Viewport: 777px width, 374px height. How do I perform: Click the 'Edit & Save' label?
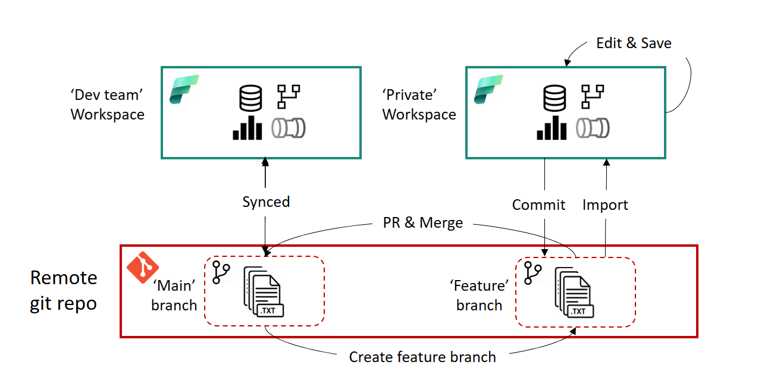[634, 43]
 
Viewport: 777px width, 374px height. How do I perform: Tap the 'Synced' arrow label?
[266, 202]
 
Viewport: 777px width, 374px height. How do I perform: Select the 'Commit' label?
[538, 205]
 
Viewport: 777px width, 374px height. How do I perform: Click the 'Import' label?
[605, 205]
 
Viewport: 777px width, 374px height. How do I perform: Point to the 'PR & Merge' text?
[422, 223]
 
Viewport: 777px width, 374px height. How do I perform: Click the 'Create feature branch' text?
[422, 357]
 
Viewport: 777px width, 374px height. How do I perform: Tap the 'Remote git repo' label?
[64, 291]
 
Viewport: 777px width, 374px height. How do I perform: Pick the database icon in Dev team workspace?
[250, 98]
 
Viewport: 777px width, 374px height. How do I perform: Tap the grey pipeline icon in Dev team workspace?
[289, 127]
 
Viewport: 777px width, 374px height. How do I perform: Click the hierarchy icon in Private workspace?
[593, 96]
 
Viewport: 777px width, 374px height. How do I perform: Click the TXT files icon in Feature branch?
[574, 292]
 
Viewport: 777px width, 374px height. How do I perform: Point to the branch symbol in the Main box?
[221, 272]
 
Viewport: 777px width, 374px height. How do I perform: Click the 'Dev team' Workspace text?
[107, 104]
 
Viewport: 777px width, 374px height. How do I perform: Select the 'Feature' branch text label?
[479, 296]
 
